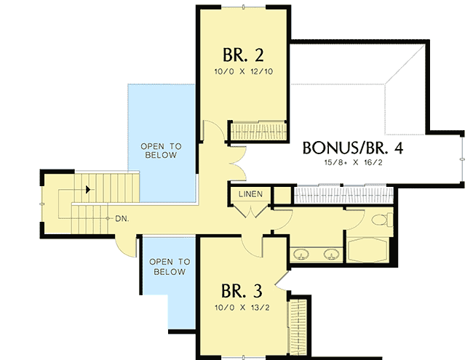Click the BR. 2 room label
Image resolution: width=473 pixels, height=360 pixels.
243,55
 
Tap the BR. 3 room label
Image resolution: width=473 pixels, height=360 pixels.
243,290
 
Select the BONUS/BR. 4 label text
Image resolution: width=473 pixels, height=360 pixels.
353,148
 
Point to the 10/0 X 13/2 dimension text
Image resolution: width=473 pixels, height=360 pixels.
243,307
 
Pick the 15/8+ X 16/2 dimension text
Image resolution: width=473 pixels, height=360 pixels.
353,163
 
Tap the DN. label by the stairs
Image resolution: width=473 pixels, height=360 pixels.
122,217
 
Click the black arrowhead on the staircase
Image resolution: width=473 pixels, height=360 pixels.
88,190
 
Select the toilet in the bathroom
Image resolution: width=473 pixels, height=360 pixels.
379,219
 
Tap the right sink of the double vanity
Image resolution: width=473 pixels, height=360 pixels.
331,254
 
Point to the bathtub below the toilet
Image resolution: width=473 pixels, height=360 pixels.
370,249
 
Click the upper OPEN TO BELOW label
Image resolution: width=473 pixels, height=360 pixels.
161,151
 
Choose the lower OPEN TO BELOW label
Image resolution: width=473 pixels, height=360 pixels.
168,266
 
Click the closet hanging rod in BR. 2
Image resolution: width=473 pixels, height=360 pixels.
258,132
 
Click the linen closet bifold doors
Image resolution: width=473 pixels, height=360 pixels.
251,212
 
